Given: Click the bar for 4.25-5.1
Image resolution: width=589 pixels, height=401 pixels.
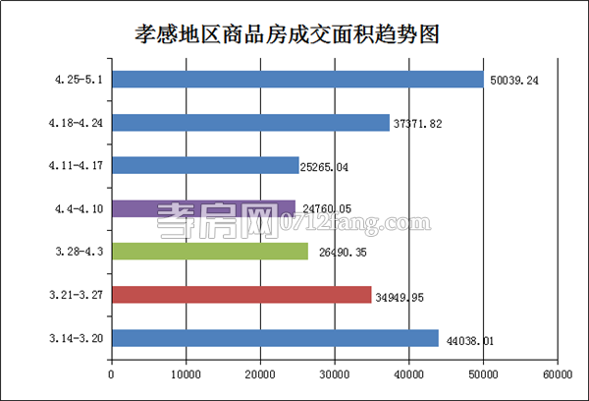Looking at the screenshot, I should [x=296, y=80].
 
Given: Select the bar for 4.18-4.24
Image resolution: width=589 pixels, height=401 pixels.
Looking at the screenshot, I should [x=250, y=123].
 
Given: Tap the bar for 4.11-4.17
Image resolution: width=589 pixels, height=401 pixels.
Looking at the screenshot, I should [x=205, y=166].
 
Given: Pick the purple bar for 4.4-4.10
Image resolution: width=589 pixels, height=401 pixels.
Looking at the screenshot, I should [x=203, y=208].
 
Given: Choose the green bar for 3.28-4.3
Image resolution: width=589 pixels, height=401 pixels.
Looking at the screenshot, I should [x=209, y=252].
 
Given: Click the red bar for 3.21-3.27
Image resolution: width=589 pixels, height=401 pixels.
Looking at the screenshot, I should [x=241, y=295].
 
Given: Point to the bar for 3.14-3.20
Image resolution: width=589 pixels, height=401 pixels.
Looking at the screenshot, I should [x=275, y=338].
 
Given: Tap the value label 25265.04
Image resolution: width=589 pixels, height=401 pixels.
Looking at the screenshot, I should [x=333, y=166].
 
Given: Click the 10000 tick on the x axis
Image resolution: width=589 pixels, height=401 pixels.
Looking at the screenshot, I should [x=186, y=374].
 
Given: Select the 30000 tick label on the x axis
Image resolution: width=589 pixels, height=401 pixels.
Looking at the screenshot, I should [x=335, y=374].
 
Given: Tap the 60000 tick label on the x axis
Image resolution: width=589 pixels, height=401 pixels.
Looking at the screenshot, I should [x=558, y=374].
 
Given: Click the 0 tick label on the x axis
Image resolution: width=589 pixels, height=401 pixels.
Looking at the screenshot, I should [x=112, y=374].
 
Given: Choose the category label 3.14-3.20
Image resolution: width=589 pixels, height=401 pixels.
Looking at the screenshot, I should [x=77, y=338].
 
